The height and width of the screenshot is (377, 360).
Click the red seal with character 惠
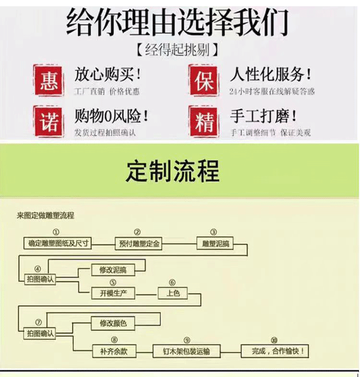click(x=48, y=80)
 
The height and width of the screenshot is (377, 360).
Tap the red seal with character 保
click(x=204, y=80)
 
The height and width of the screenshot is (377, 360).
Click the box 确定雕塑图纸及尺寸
click(x=58, y=244)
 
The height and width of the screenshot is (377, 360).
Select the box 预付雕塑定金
click(x=138, y=244)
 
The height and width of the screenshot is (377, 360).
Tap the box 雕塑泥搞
click(x=214, y=244)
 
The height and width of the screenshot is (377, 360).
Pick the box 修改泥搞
click(x=113, y=270)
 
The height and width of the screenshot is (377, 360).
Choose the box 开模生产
click(x=113, y=293)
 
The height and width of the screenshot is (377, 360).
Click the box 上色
click(x=173, y=293)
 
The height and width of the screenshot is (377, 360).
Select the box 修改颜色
click(x=113, y=323)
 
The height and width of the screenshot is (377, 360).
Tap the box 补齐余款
click(x=113, y=351)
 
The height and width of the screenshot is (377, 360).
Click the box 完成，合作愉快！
click(x=274, y=351)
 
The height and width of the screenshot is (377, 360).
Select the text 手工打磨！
click(x=264, y=116)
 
